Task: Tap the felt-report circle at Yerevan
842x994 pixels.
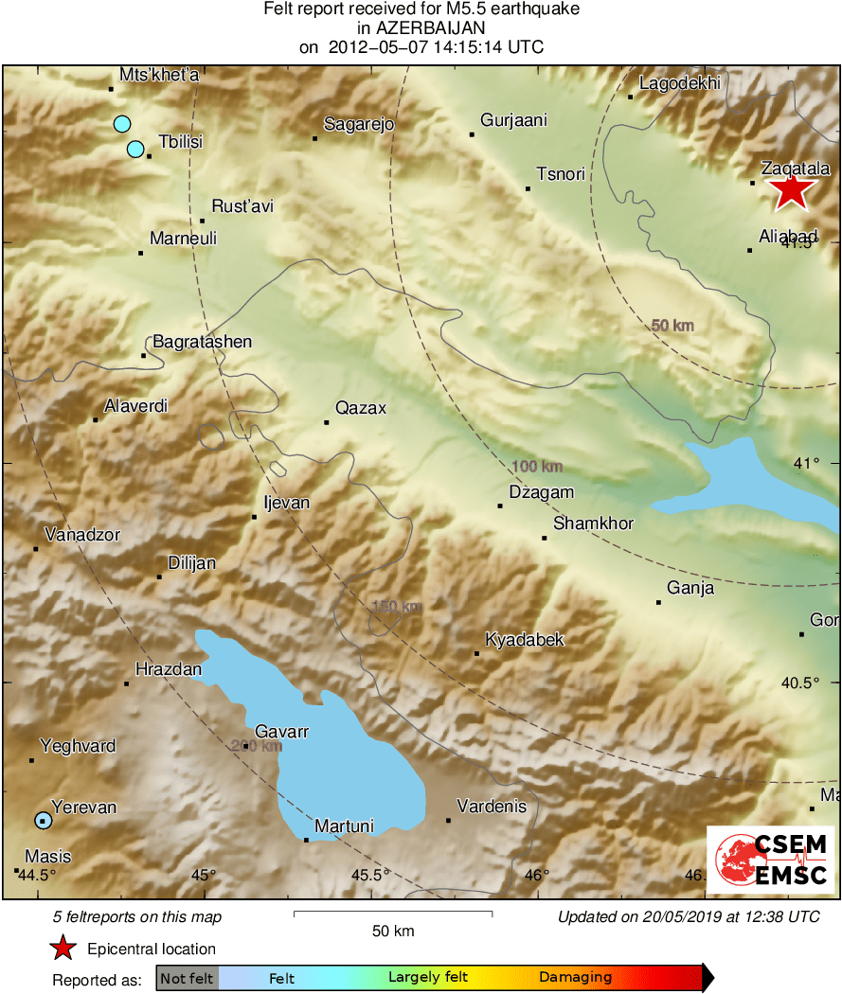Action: pyautogui.click(x=43, y=820)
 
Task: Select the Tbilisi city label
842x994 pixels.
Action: pyautogui.click(x=181, y=142)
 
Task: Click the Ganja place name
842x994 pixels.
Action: pyautogui.click(x=690, y=588)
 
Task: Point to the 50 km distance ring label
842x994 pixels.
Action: pyautogui.click(x=672, y=326)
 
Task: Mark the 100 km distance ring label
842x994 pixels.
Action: pyautogui.click(x=537, y=466)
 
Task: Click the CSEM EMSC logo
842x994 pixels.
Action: pyautogui.click(x=770, y=859)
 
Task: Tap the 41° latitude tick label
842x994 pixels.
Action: pyautogui.click(x=806, y=463)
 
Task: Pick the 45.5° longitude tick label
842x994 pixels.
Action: pyautogui.click(x=370, y=874)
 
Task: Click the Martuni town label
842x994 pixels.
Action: pyautogui.click(x=344, y=826)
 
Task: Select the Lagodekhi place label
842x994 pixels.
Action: pyautogui.click(x=680, y=83)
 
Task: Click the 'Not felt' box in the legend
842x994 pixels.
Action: pyautogui.click(x=188, y=978)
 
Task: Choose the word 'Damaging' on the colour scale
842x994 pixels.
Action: pyautogui.click(x=575, y=978)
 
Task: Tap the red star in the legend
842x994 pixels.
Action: pyautogui.click(x=63, y=948)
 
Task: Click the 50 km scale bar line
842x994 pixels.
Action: pyautogui.click(x=393, y=913)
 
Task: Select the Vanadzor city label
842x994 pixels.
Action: pyautogui.click(x=81, y=535)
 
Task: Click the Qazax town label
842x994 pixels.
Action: pyautogui.click(x=361, y=408)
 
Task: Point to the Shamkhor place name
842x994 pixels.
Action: pyautogui.click(x=593, y=524)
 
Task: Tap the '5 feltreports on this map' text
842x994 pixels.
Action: pyautogui.click(x=137, y=916)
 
